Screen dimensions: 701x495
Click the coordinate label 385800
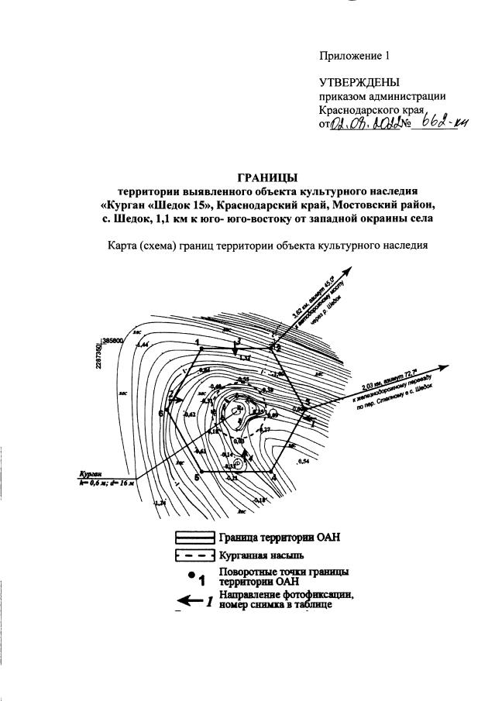(113, 339)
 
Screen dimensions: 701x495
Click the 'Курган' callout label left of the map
(91, 472)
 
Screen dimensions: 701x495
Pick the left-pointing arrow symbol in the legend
(189, 600)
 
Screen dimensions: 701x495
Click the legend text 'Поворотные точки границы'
(284, 571)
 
